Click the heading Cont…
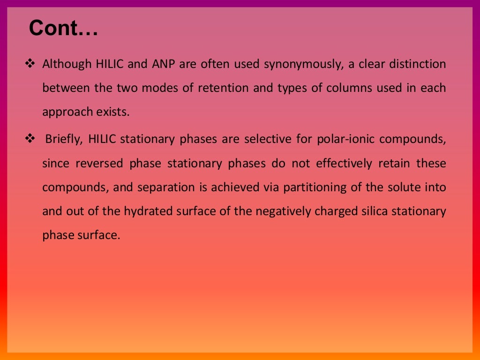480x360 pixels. (x=63, y=29)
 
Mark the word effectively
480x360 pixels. (x=344, y=164)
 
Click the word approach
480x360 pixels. (x=67, y=112)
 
